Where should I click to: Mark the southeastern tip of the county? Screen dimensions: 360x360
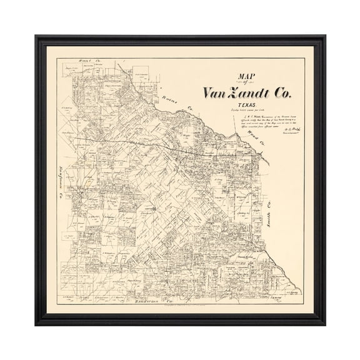[x=301, y=293]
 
